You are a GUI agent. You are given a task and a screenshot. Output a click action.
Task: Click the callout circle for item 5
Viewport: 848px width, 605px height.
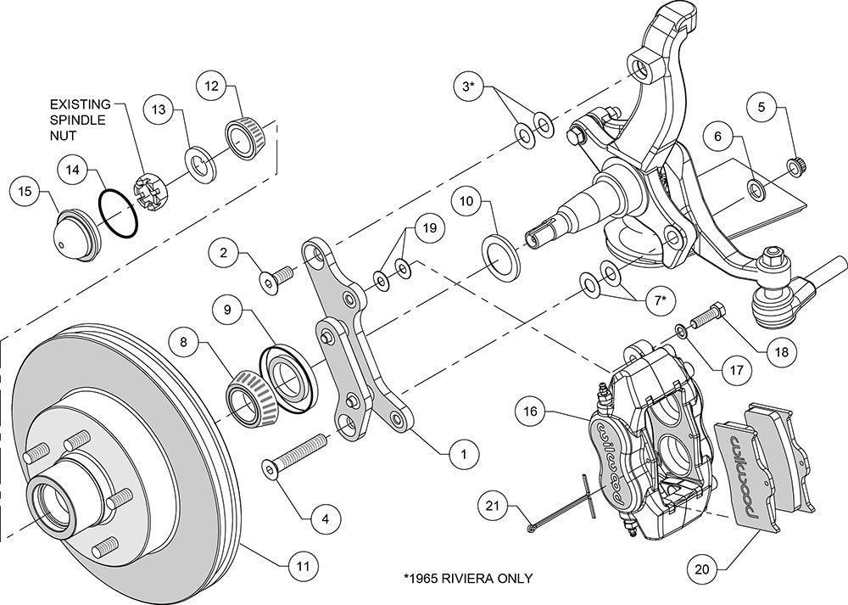pyautogui.click(x=762, y=107)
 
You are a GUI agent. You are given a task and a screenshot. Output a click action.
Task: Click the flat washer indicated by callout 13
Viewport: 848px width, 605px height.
pyautogui.click(x=201, y=161)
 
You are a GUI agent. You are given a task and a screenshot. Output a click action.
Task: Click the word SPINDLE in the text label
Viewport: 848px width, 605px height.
pyautogui.click(x=77, y=120)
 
